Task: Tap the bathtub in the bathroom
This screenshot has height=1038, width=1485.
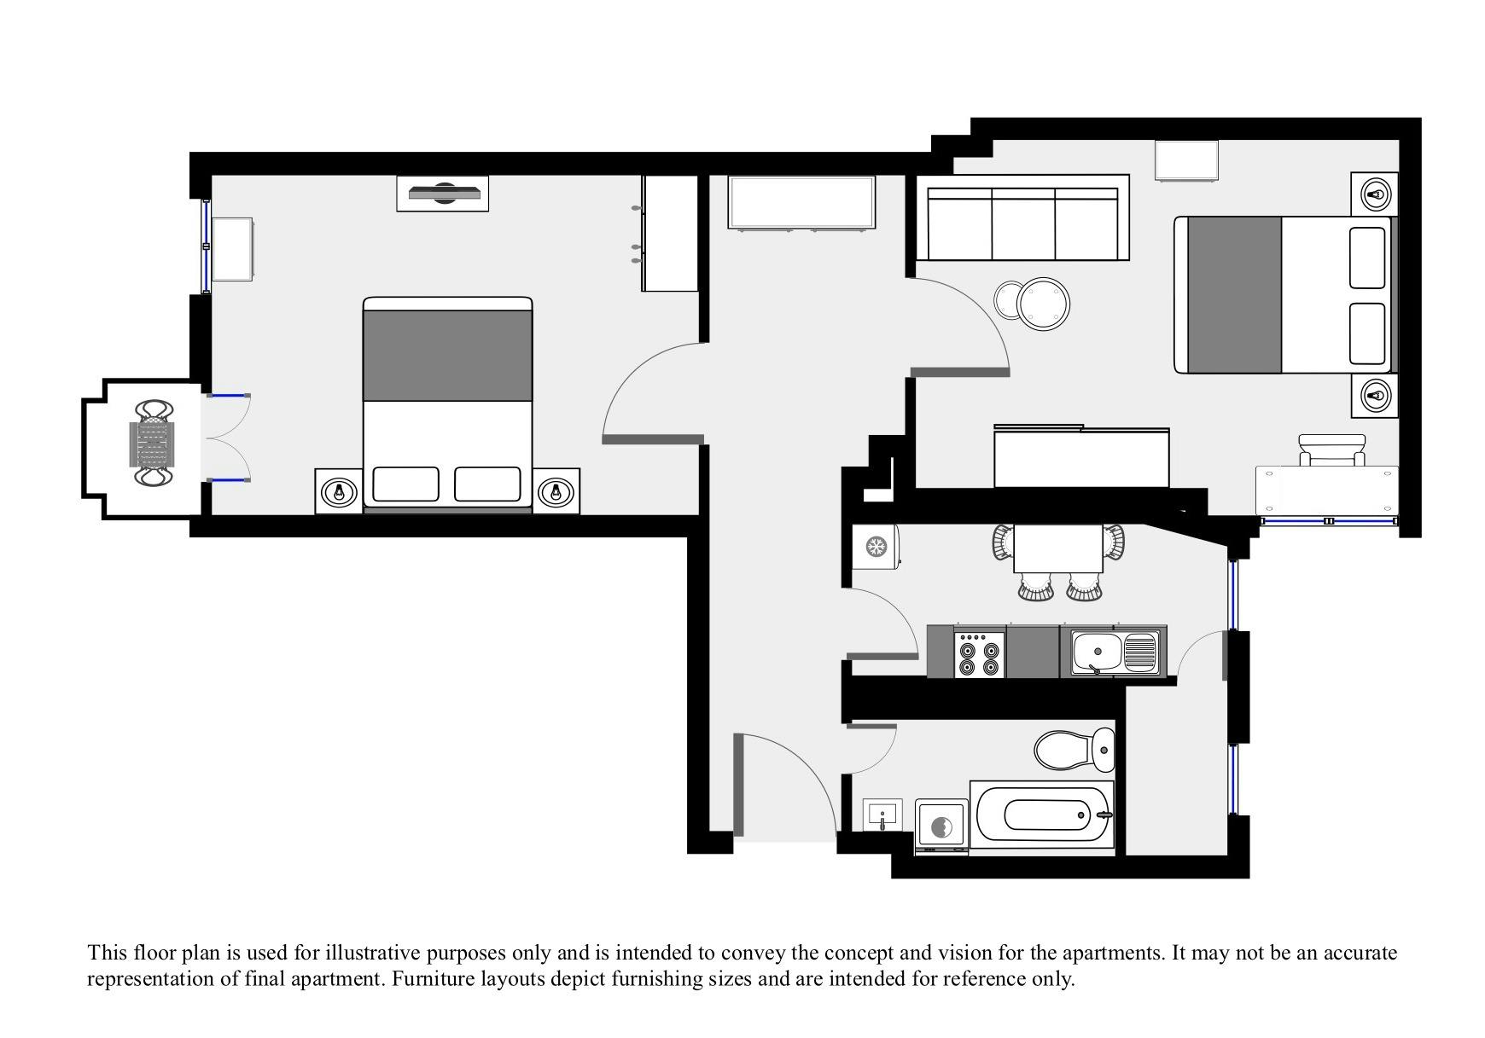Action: [x=1042, y=815]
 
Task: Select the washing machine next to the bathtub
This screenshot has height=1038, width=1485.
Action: [x=941, y=826]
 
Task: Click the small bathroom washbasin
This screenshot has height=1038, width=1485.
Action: [x=882, y=815]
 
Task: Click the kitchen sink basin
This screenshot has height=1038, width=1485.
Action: [x=1096, y=652]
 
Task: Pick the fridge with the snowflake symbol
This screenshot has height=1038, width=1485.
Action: [x=875, y=546]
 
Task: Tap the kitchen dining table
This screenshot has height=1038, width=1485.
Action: [x=1058, y=549]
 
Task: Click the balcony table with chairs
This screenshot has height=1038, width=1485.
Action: [x=153, y=444]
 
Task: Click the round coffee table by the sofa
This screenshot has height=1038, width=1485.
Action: [x=1043, y=304]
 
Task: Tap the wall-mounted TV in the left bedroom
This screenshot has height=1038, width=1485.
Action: [x=442, y=194]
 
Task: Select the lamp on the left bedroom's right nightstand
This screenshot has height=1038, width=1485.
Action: [x=557, y=491]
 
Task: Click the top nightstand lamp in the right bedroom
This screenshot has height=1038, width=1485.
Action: [x=1374, y=194]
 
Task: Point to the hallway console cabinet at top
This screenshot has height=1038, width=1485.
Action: [x=801, y=202]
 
